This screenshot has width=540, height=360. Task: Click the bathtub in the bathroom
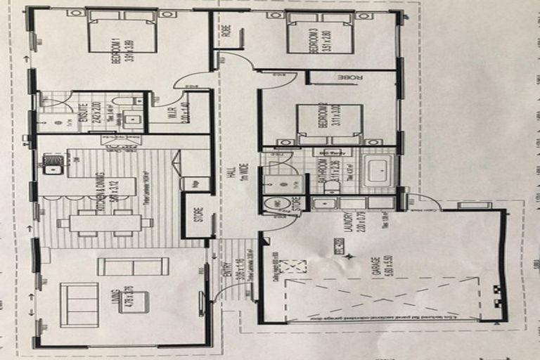(x=379, y=172)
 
